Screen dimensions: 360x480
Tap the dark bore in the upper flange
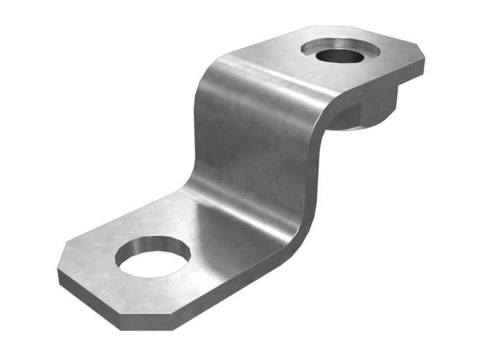(x=340, y=56)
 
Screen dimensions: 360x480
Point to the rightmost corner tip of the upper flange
(x=424, y=59)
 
